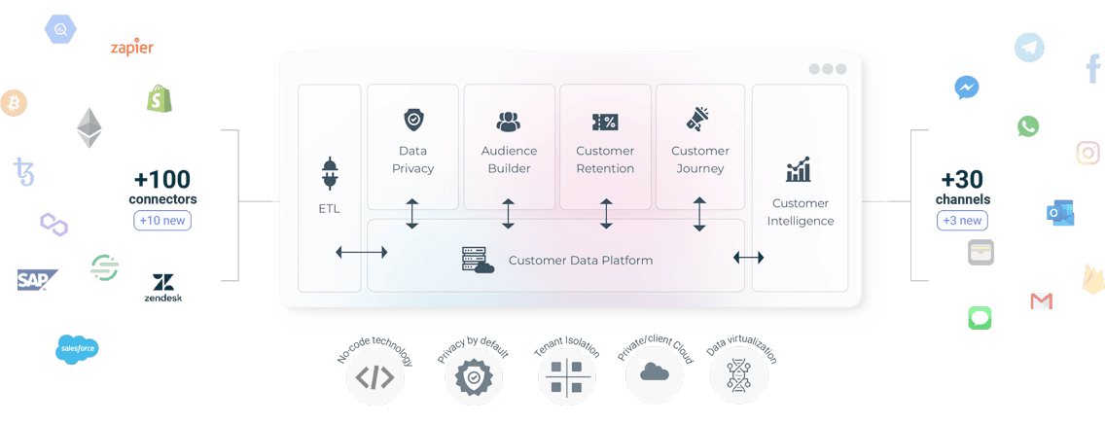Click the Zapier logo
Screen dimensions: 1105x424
point(131,48)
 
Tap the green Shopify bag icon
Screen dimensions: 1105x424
point(160,98)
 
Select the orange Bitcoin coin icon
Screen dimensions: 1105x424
point(13,103)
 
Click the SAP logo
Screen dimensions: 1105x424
point(37,280)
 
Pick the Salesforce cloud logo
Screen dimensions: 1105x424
point(77,350)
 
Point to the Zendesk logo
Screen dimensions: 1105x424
point(162,287)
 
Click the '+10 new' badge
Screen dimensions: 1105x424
point(162,221)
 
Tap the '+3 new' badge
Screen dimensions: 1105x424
point(963,221)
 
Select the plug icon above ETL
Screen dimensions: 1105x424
point(330,173)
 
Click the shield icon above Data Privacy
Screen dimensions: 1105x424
point(412,120)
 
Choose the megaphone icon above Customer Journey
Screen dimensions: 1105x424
point(698,119)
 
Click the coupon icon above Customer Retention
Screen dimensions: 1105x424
point(605,122)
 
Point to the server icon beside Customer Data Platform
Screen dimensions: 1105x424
point(478,260)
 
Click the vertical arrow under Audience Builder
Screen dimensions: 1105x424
point(508,214)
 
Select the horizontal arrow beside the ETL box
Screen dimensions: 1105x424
point(362,252)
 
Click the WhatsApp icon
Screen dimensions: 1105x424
point(1028,126)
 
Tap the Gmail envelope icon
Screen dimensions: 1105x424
point(1041,301)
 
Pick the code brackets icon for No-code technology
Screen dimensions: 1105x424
point(374,378)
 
